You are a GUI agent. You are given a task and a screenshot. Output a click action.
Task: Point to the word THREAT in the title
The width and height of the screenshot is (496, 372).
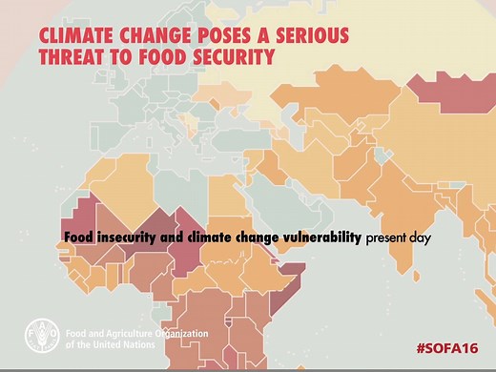(70, 57)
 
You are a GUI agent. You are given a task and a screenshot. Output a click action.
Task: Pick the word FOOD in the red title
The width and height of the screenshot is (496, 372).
(162, 57)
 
